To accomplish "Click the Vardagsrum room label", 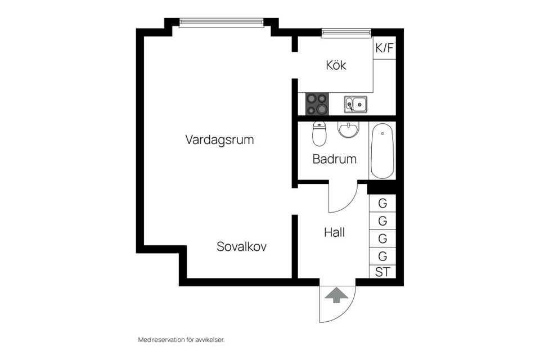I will (219, 139).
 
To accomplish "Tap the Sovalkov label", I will (241, 246).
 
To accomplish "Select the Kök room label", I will (336, 65).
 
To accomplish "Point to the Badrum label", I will (334, 159).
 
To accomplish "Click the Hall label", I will (334, 232).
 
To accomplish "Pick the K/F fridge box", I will (384, 48).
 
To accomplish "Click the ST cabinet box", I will (382, 272).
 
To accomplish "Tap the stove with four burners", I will (317, 104).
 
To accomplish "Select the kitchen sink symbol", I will (355, 104).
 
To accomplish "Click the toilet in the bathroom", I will (319, 134).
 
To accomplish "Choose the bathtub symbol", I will (382, 150).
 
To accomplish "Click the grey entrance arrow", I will (336, 295).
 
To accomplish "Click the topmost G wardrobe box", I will (382, 203).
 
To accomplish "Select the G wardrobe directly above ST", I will (382, 256).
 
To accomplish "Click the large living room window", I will (221, 23).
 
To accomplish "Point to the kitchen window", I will (346, 34).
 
